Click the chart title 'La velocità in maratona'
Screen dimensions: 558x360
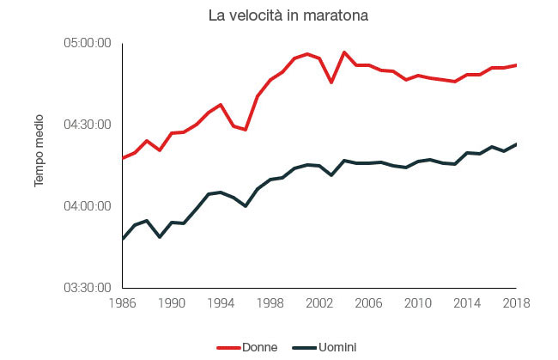tap(288, 15)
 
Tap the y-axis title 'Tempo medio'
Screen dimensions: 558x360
tap(39, 150)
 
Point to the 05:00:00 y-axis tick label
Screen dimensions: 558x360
tap(88, 43)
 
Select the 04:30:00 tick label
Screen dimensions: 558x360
tap(88, 125)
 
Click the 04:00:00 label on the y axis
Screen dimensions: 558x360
tap(88, 206)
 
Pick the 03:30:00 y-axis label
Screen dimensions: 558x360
tap(88, 288)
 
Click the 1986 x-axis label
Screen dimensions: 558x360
tap(123, 303)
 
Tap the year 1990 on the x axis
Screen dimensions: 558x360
tap(172, 303)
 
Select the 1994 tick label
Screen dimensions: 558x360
tap(221, 303)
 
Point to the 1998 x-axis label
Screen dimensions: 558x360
tap(270, 303)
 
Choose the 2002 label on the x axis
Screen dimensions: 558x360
tap(319, 303)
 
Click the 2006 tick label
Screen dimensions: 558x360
tap(368, 303)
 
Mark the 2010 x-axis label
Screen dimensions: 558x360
tap(418, 303)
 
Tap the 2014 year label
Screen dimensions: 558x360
tap(467, 303)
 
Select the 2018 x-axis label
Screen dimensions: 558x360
tap(516, 303)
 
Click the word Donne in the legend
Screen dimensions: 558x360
tap(260, 347)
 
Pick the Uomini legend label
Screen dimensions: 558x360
tap(337, 347)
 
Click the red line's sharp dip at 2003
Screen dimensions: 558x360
tap(331, 82)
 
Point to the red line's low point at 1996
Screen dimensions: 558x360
tap(246, 129)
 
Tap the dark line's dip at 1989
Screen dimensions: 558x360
tap(160, 237)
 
